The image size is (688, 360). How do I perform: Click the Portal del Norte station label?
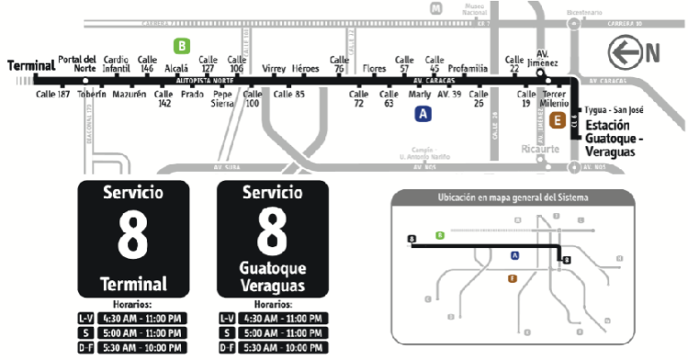point(76,63)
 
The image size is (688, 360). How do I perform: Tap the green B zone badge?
point(182,45)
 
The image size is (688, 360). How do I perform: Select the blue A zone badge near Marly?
point(423,114)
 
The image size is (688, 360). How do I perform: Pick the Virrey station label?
point(273,68)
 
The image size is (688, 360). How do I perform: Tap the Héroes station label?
point(305,68)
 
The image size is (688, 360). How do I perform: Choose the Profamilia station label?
point(468,68)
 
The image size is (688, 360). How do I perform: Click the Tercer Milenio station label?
point(555,97)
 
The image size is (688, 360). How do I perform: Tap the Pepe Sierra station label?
point(222,97)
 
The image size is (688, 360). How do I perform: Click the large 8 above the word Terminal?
point(133,236)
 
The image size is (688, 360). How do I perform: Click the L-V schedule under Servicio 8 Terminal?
point(133,318)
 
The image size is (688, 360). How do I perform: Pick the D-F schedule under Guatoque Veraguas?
point(272,347)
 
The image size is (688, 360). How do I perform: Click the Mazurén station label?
point(130,93)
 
